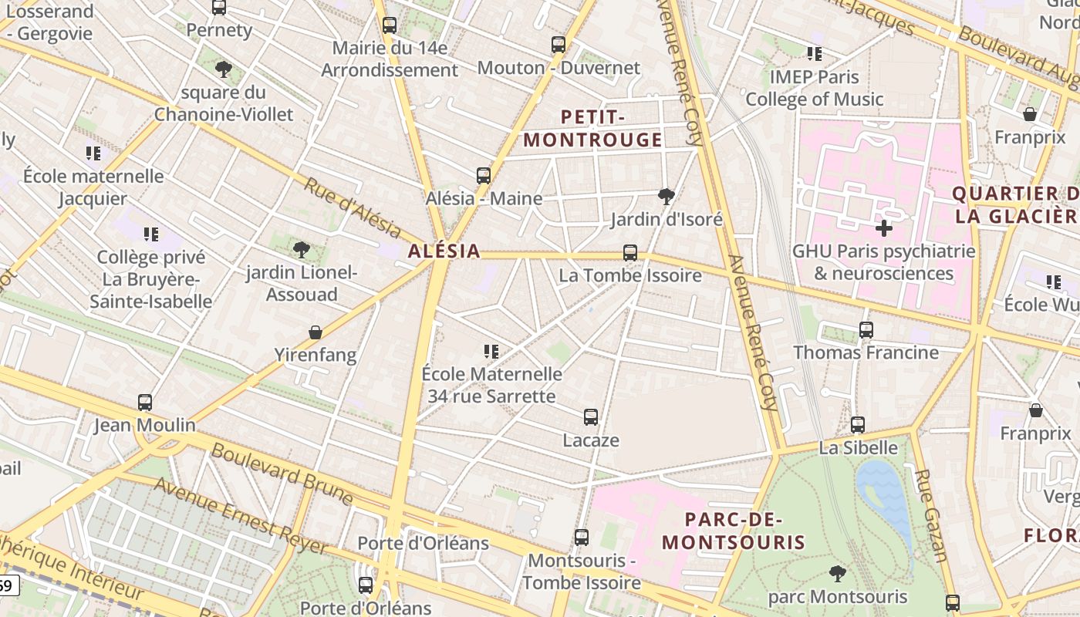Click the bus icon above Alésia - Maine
point(484,176)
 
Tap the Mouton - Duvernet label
point(559,68)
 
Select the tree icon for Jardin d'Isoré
point(667,196)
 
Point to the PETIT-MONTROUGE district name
point(592,129)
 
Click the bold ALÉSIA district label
point(444,251)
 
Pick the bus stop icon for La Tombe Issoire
point(630,253)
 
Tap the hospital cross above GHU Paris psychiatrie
point(884,228)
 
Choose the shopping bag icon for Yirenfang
point(315,333)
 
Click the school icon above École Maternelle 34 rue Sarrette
point(491,352)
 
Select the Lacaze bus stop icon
point(591,417)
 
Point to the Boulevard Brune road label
point(282,473)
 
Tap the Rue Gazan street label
point(930,514)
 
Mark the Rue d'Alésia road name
point(353,207)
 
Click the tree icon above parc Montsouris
point(837,574)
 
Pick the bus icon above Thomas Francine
point(866,330)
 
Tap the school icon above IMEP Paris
point(815,54)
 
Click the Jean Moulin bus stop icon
point(145,403)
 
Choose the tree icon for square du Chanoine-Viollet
point(224,69)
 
